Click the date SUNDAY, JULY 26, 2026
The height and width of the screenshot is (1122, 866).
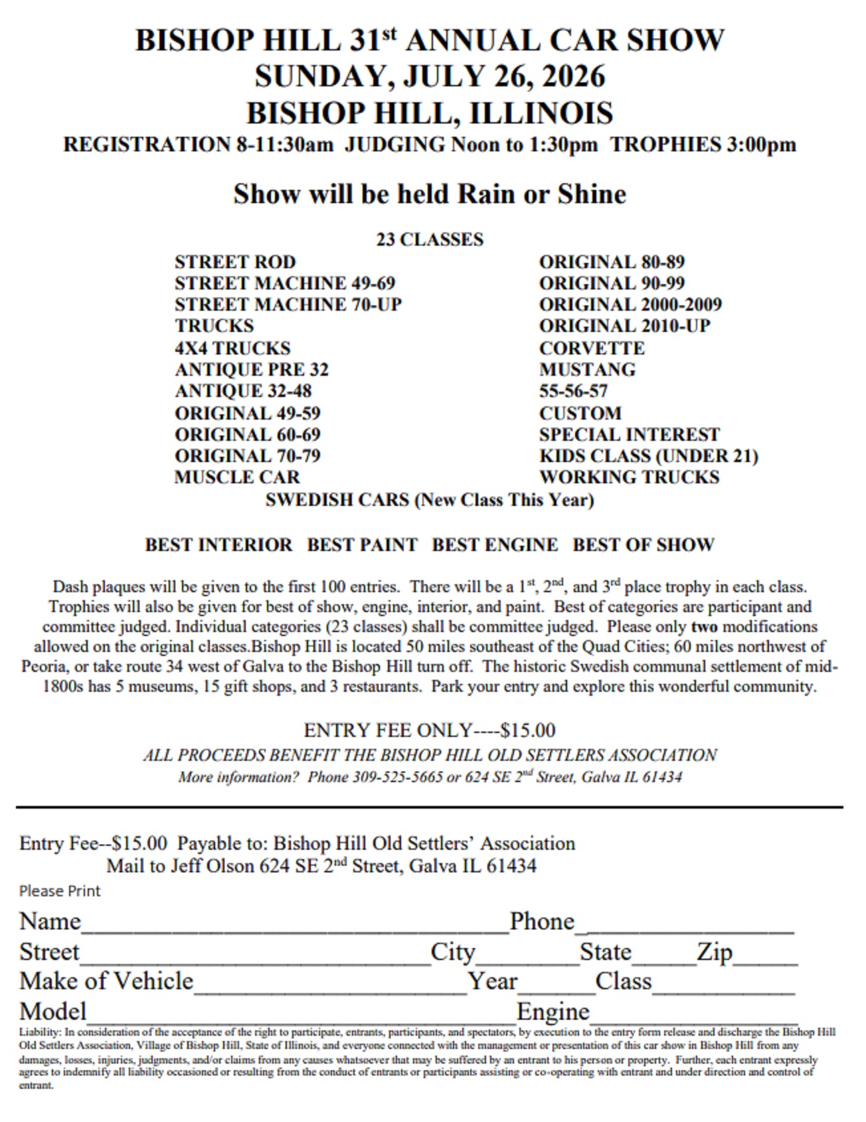point(430,76)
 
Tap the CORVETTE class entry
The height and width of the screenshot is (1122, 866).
point(591,348)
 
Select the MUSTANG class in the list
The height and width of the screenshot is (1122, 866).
point(587,369)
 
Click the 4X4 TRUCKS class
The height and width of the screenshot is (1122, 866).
point(232,348)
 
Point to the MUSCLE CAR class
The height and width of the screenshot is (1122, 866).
point(237,477)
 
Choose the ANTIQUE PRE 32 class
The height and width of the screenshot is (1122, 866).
point(251,369)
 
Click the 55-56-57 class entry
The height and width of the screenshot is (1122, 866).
point(573,391)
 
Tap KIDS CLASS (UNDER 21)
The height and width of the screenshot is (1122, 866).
point(648,455)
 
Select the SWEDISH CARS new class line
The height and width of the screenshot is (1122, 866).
point(429,499)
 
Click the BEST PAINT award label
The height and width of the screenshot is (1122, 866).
point(362,544)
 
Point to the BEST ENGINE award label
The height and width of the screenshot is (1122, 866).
point(495,544)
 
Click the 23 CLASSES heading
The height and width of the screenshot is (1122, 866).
point(430,239)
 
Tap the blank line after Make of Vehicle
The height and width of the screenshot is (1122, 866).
point(330,984)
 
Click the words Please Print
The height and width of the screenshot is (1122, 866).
point(60,891)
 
